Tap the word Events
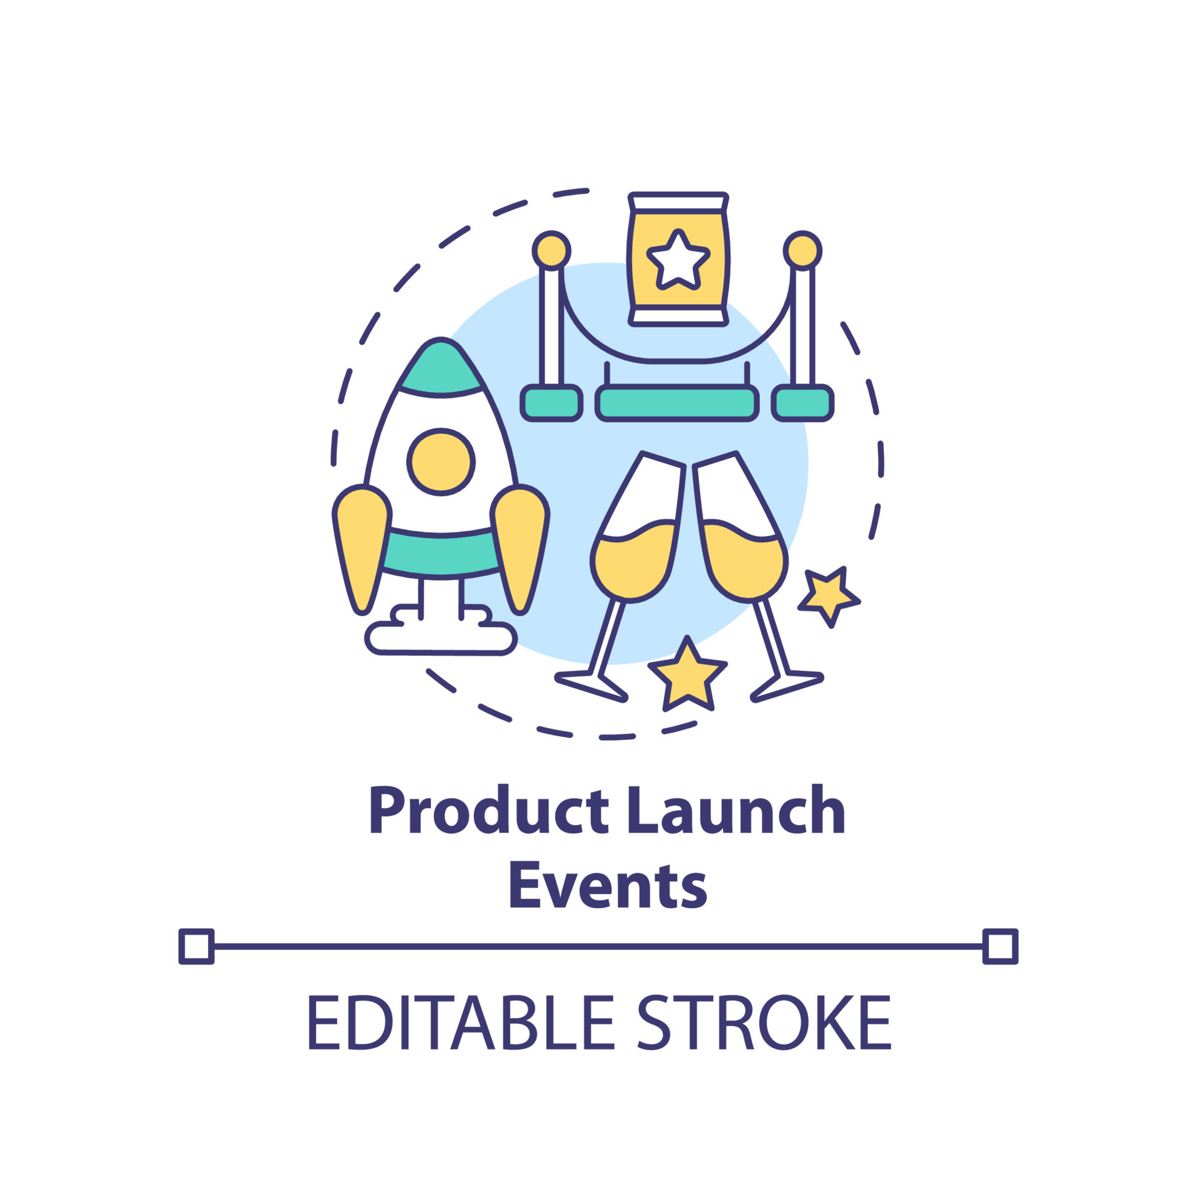608,885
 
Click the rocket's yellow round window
441,462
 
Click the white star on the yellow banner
678,261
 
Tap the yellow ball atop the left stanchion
551,251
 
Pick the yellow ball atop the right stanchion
802,251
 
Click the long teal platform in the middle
677,403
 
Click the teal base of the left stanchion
551,403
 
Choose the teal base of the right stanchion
802,403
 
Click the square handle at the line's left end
196,946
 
